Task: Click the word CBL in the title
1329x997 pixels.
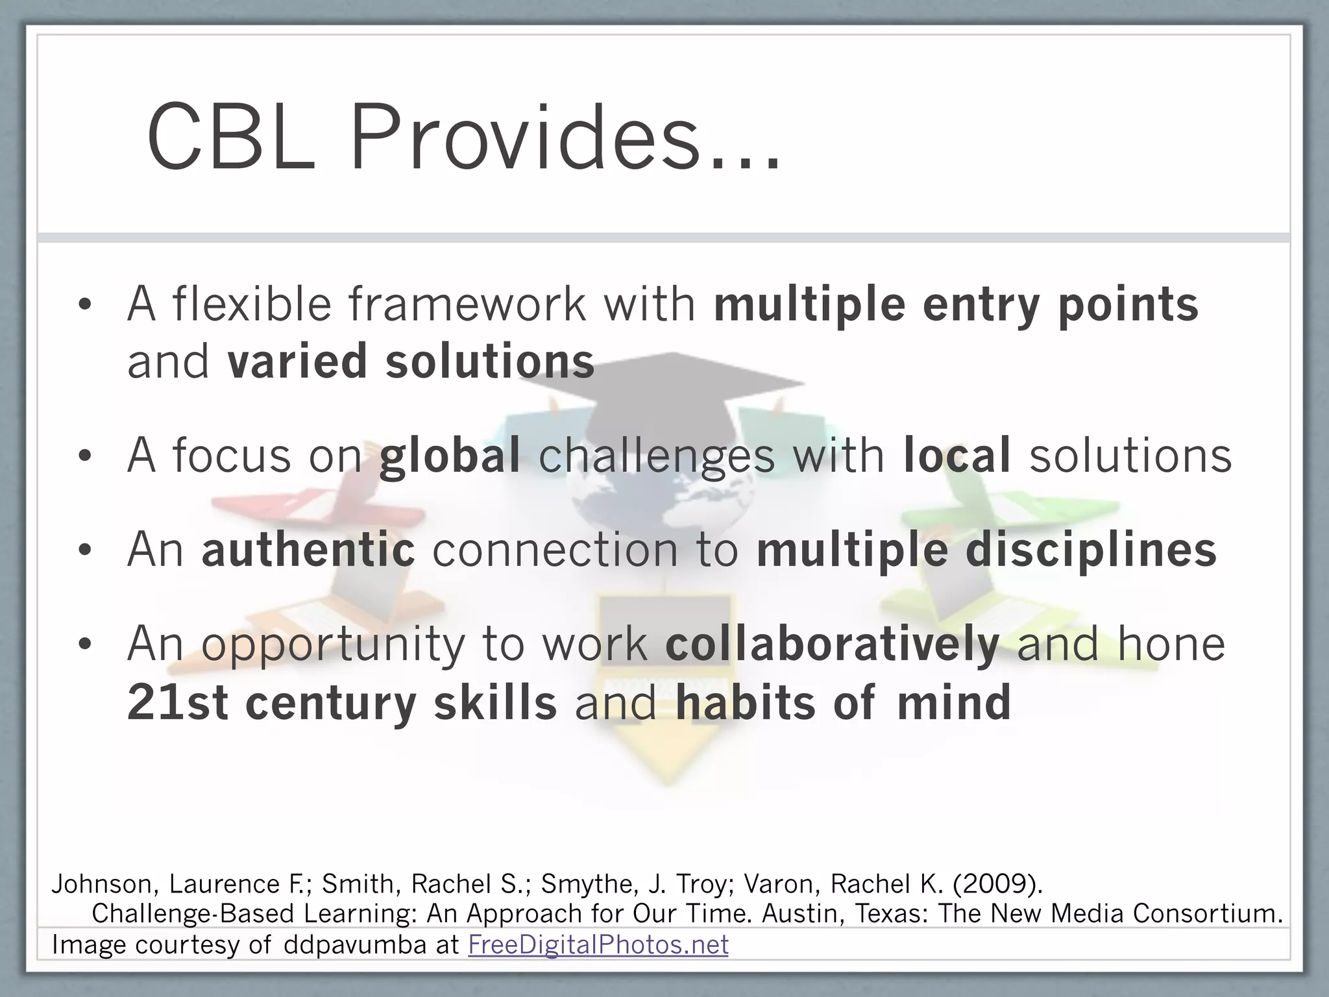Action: point(231,139)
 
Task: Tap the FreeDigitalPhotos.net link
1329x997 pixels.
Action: point(598,944)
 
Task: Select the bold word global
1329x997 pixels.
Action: point(450,455)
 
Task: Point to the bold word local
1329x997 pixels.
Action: point(957,455)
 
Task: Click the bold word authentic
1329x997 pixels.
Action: point(308,549)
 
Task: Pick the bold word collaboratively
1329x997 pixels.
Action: point(832,645)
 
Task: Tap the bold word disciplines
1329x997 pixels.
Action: point(1091,549)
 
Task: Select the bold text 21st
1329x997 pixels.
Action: point(177,703)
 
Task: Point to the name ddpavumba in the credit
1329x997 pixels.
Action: point(355,944)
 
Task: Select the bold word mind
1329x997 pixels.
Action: point(954,703)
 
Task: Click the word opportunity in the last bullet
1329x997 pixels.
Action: point(332,645)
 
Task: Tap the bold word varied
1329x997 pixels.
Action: point(297,362)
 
